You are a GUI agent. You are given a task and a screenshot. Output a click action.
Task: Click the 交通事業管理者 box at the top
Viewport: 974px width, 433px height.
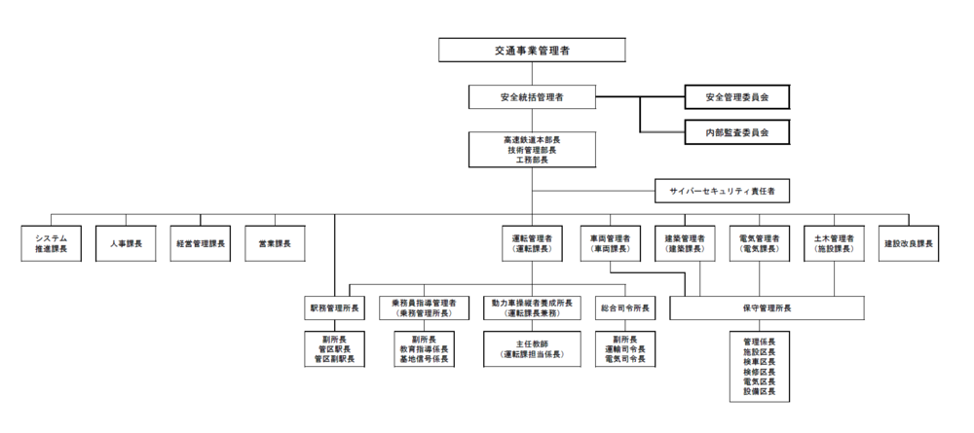532,50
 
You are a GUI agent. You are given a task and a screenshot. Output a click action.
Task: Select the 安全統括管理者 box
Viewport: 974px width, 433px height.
532,96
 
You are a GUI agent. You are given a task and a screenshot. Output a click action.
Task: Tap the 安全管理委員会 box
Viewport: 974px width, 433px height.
734,96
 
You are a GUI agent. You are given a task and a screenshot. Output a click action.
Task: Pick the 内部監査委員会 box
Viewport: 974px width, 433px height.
734,129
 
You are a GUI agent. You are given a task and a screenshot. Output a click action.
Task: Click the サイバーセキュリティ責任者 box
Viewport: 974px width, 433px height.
721,191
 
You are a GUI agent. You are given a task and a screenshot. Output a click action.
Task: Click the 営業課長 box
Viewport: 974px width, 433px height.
275,242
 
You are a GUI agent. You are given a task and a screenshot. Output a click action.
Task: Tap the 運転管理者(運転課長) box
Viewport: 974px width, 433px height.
532,242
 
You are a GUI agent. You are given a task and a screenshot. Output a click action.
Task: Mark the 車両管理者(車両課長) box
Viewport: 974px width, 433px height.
609,242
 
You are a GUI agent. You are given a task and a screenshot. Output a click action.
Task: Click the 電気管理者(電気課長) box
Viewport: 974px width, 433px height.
759,242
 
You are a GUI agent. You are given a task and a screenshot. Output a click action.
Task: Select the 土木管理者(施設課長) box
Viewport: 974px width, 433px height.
834,242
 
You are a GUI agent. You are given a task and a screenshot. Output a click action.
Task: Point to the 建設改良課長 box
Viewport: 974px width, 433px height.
909,242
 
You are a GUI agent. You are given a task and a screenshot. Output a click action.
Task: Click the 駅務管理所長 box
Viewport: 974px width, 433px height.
334,308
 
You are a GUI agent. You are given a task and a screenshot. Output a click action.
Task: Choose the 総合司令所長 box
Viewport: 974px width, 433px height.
623,308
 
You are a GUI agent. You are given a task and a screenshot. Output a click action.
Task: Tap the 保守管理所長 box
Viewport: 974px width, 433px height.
767,308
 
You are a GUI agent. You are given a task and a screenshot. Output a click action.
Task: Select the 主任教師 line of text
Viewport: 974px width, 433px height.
532,343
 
